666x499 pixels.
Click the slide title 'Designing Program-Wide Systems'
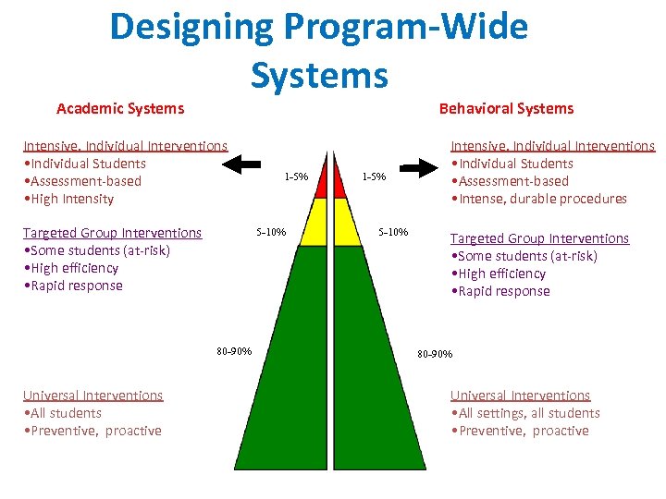tap(318, 50)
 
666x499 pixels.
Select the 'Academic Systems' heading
tap(120, 109)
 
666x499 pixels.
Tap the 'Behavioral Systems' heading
tap(506, 109)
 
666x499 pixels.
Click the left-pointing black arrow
tap(245, 164)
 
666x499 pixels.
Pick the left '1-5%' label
tap(296, 176)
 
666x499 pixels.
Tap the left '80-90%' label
tap(234, 350)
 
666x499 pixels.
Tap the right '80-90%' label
tap(435, 354)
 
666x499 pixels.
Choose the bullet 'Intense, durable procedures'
tap(541, 199)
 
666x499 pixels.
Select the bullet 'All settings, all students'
tap(528, 413)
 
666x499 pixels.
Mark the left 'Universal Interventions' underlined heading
tap(92, 396)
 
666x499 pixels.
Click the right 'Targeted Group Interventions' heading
tap(539, 238)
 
